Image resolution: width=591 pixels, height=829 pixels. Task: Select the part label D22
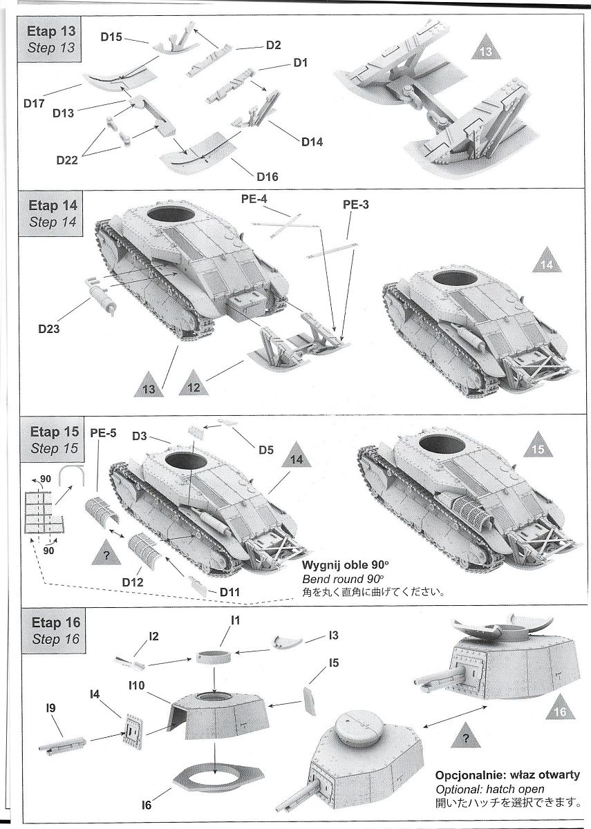68,161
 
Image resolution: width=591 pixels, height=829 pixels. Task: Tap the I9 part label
50,707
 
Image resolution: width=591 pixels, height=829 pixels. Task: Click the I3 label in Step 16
334,634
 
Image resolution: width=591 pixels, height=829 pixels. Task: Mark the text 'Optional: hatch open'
489,789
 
